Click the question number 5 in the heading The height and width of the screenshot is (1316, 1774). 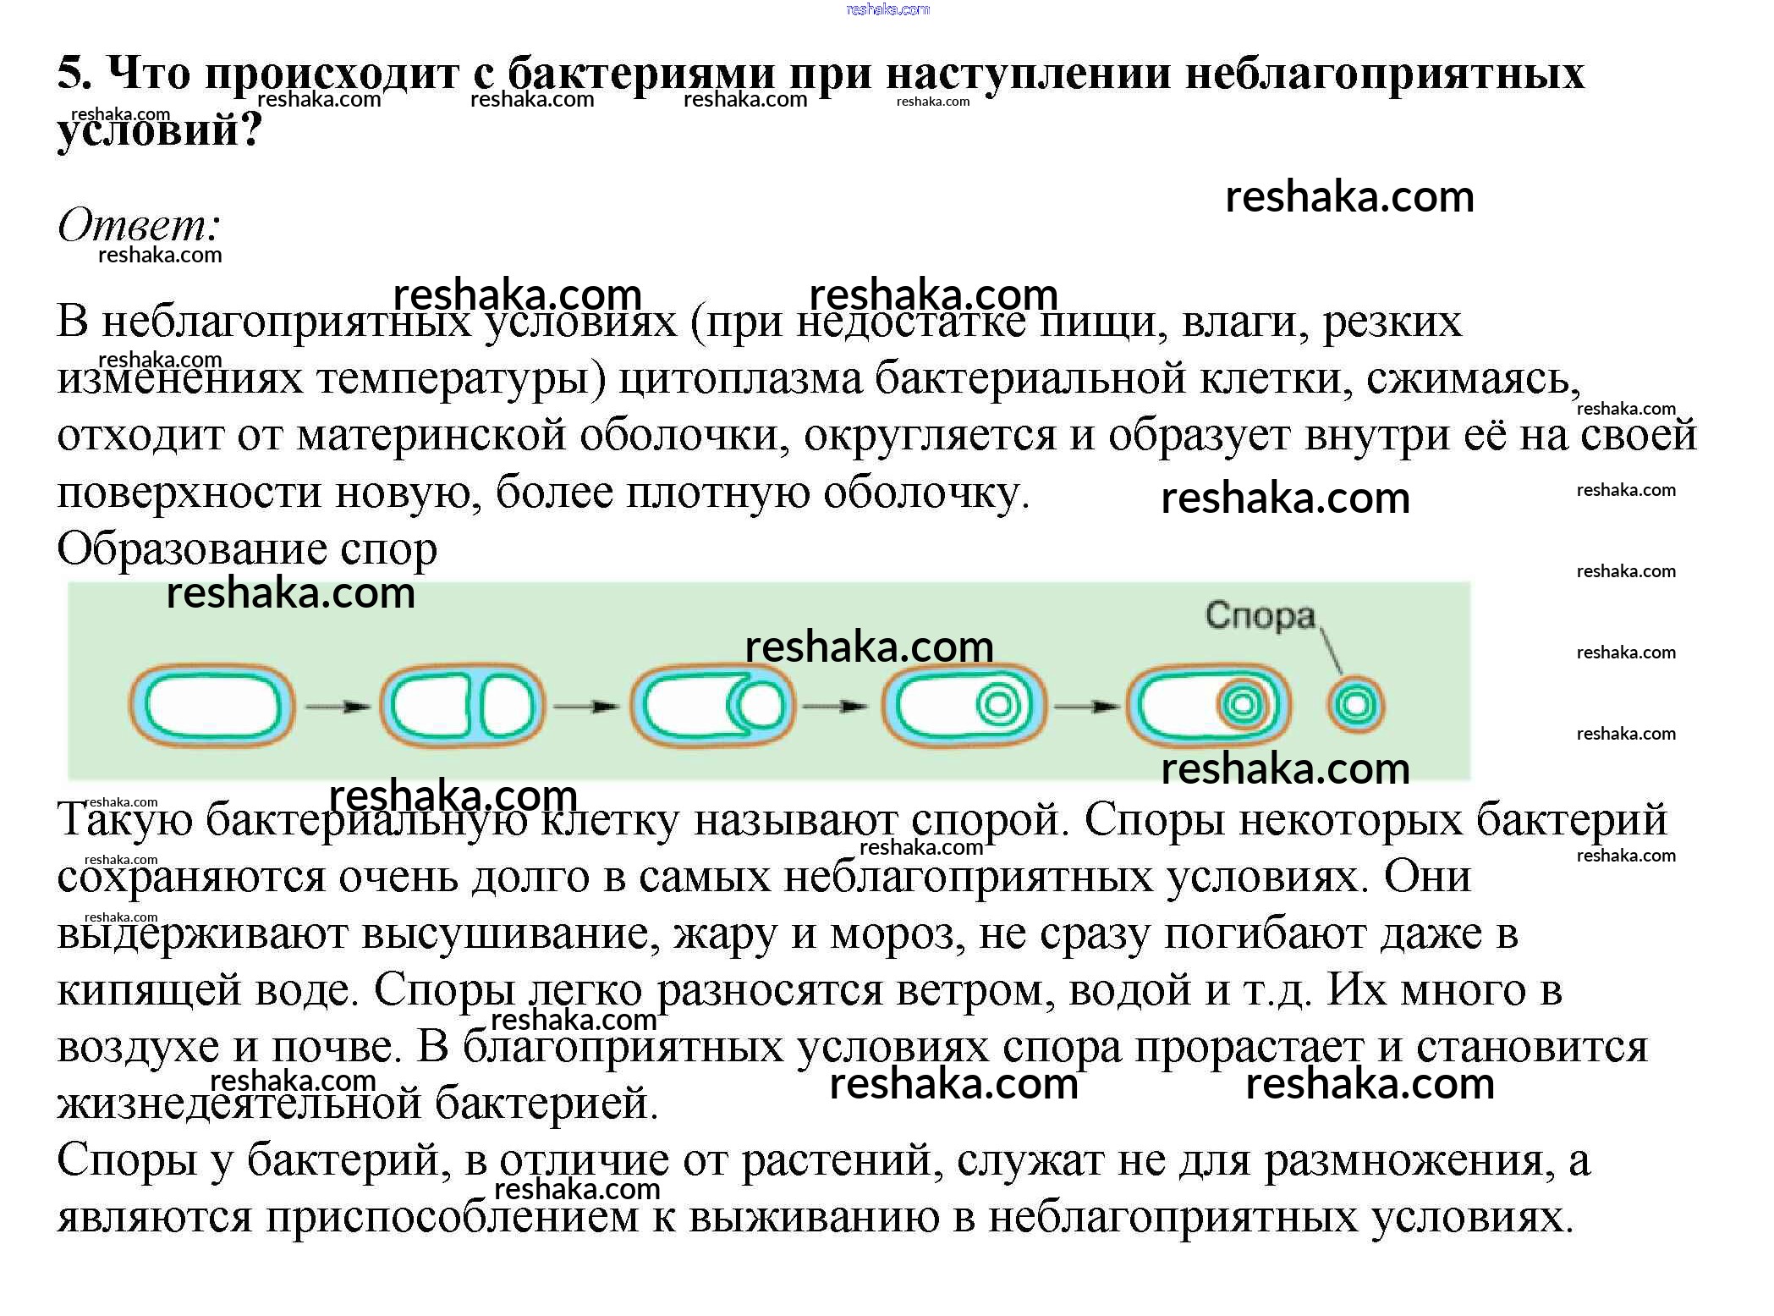pyautogui.click(x=74, y=74)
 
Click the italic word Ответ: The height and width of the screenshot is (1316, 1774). pyautogui.click(x=139, y=225)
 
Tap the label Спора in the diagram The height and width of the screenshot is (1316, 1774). pyautogui.click(x=1260, y=615)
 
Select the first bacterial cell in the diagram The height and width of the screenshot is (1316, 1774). pyautogui.click(x=211, y=706)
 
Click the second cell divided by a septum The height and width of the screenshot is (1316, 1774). pyautogui.click(x=462, y=706)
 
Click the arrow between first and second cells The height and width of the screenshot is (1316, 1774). pyautogui.click(x=338, y=707)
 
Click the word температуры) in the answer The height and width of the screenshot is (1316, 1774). pyautogui.click(x=462, y=378)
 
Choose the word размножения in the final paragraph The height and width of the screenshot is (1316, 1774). pyautogui.click(x=1409, y=1160)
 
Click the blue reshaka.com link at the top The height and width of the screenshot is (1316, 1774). pyautogui.click(x=887, y=9)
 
